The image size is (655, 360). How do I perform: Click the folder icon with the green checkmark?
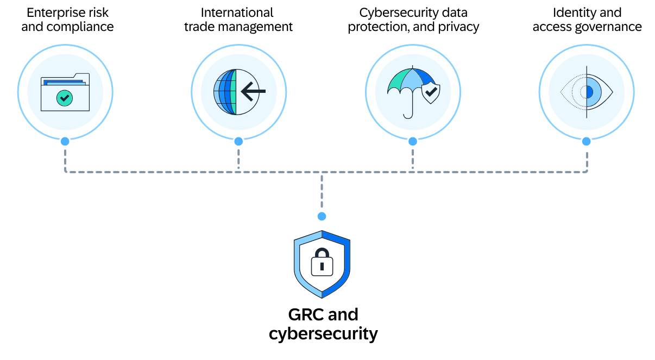(x=65, y=92)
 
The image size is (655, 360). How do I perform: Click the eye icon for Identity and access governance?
(x=587, y=92)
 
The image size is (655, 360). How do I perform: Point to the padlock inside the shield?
(x=322, y=262)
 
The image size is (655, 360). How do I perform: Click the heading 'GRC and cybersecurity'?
(x=323, y=324)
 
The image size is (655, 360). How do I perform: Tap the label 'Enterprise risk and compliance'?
(x=67, y=20)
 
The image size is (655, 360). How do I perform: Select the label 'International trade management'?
(x=238, y=20)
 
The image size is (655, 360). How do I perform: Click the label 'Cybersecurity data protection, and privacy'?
(x=413, y=20)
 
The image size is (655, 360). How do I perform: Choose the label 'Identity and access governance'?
(x=587, y=20)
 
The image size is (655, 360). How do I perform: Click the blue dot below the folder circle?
(x=65, y=141)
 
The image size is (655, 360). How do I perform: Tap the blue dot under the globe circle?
(x=238, y=141)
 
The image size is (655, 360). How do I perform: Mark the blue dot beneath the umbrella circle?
(x=412, y=141)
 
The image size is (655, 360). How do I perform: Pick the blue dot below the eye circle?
(x=586, y=141)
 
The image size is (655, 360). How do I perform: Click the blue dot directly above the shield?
(x=322, y=216)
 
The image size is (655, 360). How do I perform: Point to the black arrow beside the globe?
(x=252, y=91)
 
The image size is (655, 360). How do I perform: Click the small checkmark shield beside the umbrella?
(x=431, y=93)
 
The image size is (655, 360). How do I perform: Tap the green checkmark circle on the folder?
(x=65, y=98)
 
